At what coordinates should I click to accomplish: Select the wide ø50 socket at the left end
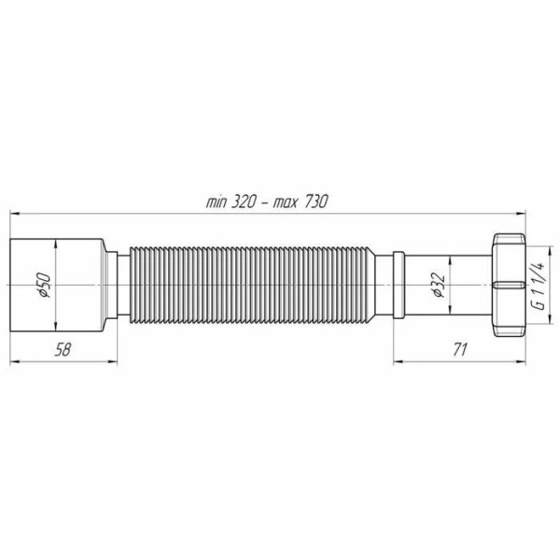coord(56,280)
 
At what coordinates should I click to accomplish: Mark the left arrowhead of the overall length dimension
coord(14,212)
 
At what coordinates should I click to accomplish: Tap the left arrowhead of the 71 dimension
coord(397,359)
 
